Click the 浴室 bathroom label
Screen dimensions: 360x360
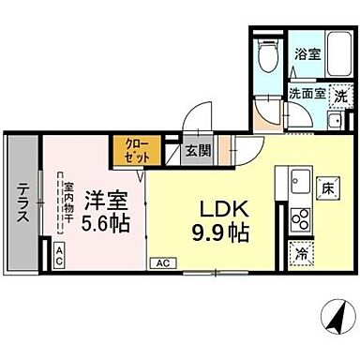pyautogui.click(x=307, y=55)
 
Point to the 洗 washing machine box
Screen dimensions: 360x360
pyautogui.click(x=341, y=95)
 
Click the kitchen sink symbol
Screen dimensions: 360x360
pyautogui.click(x=302, y=180)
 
